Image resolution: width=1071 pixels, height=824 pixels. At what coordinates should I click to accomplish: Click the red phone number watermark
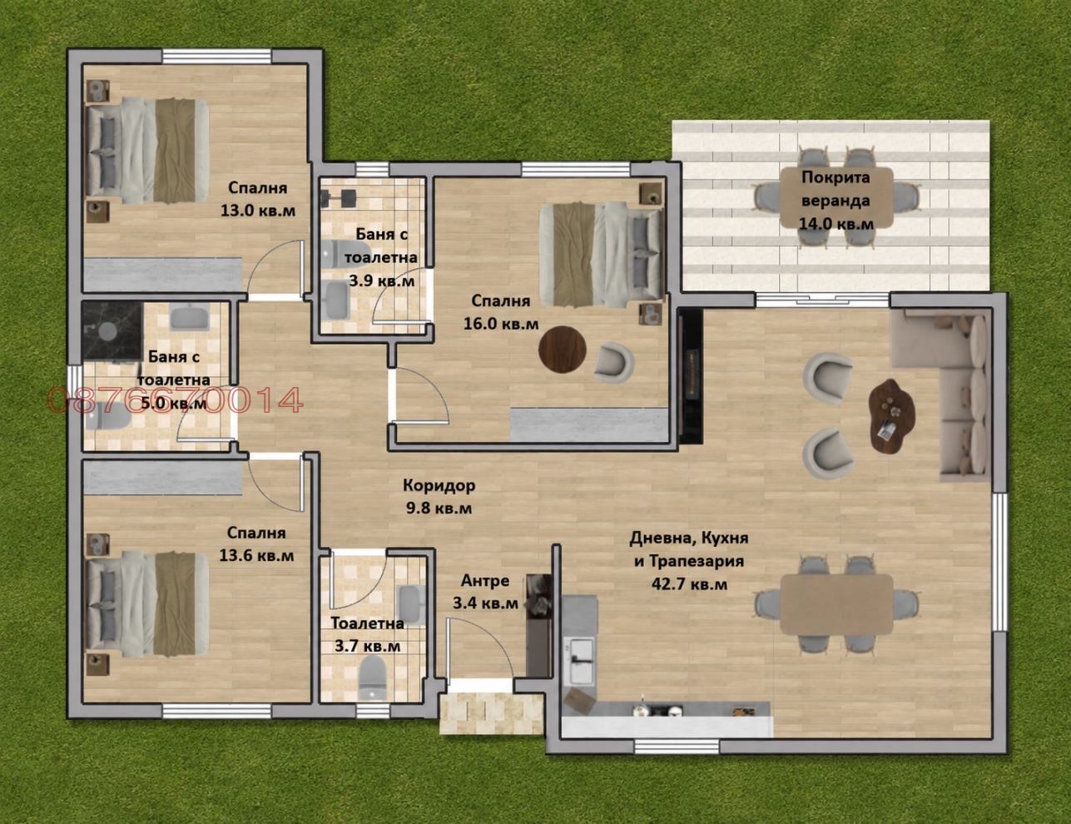click(x=175, y=400)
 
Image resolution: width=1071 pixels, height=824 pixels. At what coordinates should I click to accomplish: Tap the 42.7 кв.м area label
click(x=689, y=584)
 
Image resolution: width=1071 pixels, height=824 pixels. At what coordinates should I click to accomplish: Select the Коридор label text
click(x=439, y=485)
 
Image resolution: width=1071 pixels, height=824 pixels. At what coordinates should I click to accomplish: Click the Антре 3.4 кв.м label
click(x=485, y=592)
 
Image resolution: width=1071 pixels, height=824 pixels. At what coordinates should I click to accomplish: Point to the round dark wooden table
click(x=563, y=350)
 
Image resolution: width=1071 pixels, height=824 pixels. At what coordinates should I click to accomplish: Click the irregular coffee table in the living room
click(x=891, y=415)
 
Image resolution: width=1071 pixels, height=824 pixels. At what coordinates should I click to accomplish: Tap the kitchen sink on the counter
click(x=581, y=662)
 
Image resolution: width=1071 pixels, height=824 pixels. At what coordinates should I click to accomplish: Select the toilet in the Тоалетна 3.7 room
click(x=372, y=678)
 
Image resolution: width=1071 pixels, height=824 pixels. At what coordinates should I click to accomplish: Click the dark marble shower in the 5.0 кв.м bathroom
click(x=113, y=330)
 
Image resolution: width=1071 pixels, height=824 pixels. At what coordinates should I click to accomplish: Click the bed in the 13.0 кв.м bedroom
click(x=147, y=151)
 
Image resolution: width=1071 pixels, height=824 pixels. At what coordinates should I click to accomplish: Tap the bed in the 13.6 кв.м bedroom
click(x=147, y=603)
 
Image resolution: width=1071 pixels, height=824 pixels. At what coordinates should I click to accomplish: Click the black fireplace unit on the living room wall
click(x=690, y=377)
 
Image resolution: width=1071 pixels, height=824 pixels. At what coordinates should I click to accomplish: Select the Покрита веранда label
click(x=835, y=189)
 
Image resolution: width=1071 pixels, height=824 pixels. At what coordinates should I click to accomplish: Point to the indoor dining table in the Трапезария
click(x=836, y=603)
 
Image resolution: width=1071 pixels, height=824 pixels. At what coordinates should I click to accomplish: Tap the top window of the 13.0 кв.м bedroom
click(x=217, y=57)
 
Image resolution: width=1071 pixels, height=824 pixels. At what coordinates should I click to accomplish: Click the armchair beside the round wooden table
click(x=613, y=363)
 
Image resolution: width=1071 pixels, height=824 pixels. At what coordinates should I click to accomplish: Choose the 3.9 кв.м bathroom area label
click(x=382, y=281)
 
